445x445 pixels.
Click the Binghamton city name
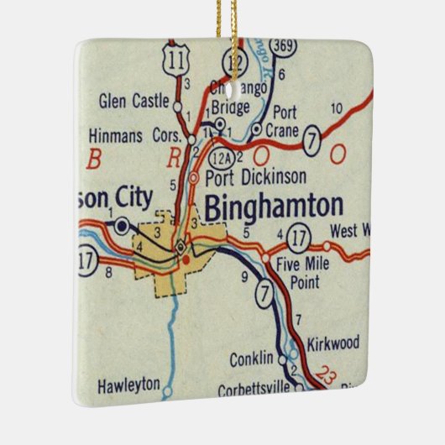pyautogui.click(x=274, y=207)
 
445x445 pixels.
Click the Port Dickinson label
pyautogui.click(x=254, y=178)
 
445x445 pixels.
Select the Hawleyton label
pyautogui.click(x=128, y=385)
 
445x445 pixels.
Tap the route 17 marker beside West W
pyautogui.click(x=298, y=234)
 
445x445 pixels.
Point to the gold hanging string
pyautogui.click(x=224, y=21)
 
